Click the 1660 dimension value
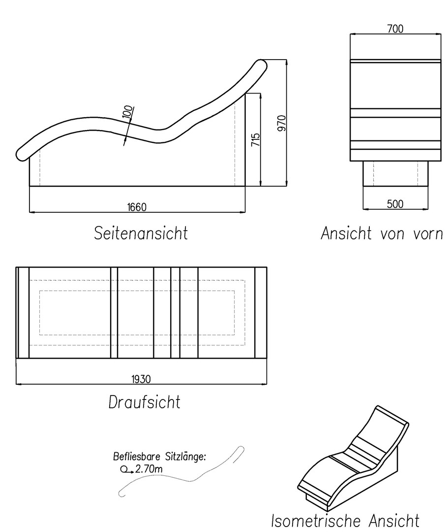point(137,207)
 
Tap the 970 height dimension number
point(282,123)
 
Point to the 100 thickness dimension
point(128,112)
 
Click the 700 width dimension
point(395,29)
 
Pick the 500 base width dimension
point(395,204)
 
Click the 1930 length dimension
point(141,379)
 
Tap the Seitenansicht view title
point(141,233)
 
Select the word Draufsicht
point(144,402)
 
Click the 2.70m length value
point(149,469)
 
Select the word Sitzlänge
point(185,457)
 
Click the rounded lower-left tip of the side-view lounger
point(21,155)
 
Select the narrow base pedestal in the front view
point(395,173)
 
